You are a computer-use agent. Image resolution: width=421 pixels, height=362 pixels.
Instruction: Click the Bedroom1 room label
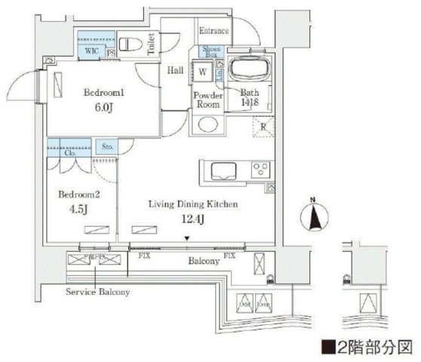click(97, 94)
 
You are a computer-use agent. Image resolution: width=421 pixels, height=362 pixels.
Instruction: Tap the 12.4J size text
click(182, 219)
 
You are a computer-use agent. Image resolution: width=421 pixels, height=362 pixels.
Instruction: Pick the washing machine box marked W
click(204, 74)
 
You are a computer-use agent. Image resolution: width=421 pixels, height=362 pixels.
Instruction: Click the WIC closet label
click(91, 51)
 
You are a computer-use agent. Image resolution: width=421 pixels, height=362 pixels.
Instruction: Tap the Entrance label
click(214, 31)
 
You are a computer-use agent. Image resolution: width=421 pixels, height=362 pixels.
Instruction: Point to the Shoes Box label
click(210, 51)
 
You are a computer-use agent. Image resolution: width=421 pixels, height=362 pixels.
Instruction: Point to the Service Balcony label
click(97, 292)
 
